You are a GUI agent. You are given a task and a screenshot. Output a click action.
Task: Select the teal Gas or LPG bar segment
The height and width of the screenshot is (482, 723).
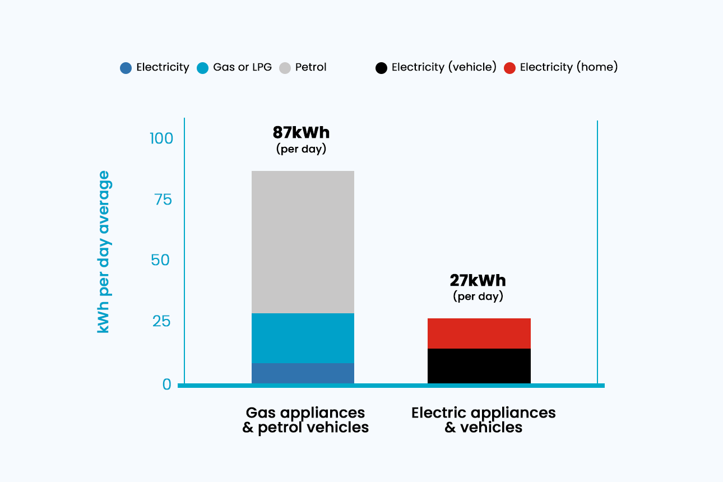pos(303,338)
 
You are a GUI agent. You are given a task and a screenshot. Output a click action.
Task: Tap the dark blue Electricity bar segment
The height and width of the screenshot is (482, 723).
pos(303,373)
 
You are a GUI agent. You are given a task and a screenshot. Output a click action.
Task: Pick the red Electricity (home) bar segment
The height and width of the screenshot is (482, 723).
pos(479,333)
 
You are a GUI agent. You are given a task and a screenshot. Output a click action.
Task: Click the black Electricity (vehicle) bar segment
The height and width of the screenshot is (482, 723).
pos(479,366)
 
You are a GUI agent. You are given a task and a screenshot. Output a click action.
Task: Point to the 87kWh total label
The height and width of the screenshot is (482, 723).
pos(301,133)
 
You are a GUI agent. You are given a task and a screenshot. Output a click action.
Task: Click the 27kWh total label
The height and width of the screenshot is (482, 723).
pos(478,280)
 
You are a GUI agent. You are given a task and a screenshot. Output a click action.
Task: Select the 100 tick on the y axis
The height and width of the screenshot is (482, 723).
pos(160,138)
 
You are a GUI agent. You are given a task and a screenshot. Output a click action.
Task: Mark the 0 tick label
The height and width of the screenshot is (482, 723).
pos(166,384)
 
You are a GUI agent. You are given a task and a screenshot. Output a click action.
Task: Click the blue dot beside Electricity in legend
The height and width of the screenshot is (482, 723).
pos(126,68)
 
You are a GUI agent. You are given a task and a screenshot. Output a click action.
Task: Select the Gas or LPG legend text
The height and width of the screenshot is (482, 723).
pos(242,67)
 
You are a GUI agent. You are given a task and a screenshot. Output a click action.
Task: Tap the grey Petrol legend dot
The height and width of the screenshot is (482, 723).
pos(285,68)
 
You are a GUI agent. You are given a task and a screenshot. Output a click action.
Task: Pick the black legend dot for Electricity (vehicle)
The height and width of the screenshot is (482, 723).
pos(381,68)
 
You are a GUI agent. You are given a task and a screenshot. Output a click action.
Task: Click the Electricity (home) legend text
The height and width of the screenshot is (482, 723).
pos(568,67)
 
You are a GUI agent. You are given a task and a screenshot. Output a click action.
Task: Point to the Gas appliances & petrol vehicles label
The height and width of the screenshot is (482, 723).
pos(305,420)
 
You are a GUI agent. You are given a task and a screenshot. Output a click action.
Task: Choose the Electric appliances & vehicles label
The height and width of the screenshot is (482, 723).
pos(483,420)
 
